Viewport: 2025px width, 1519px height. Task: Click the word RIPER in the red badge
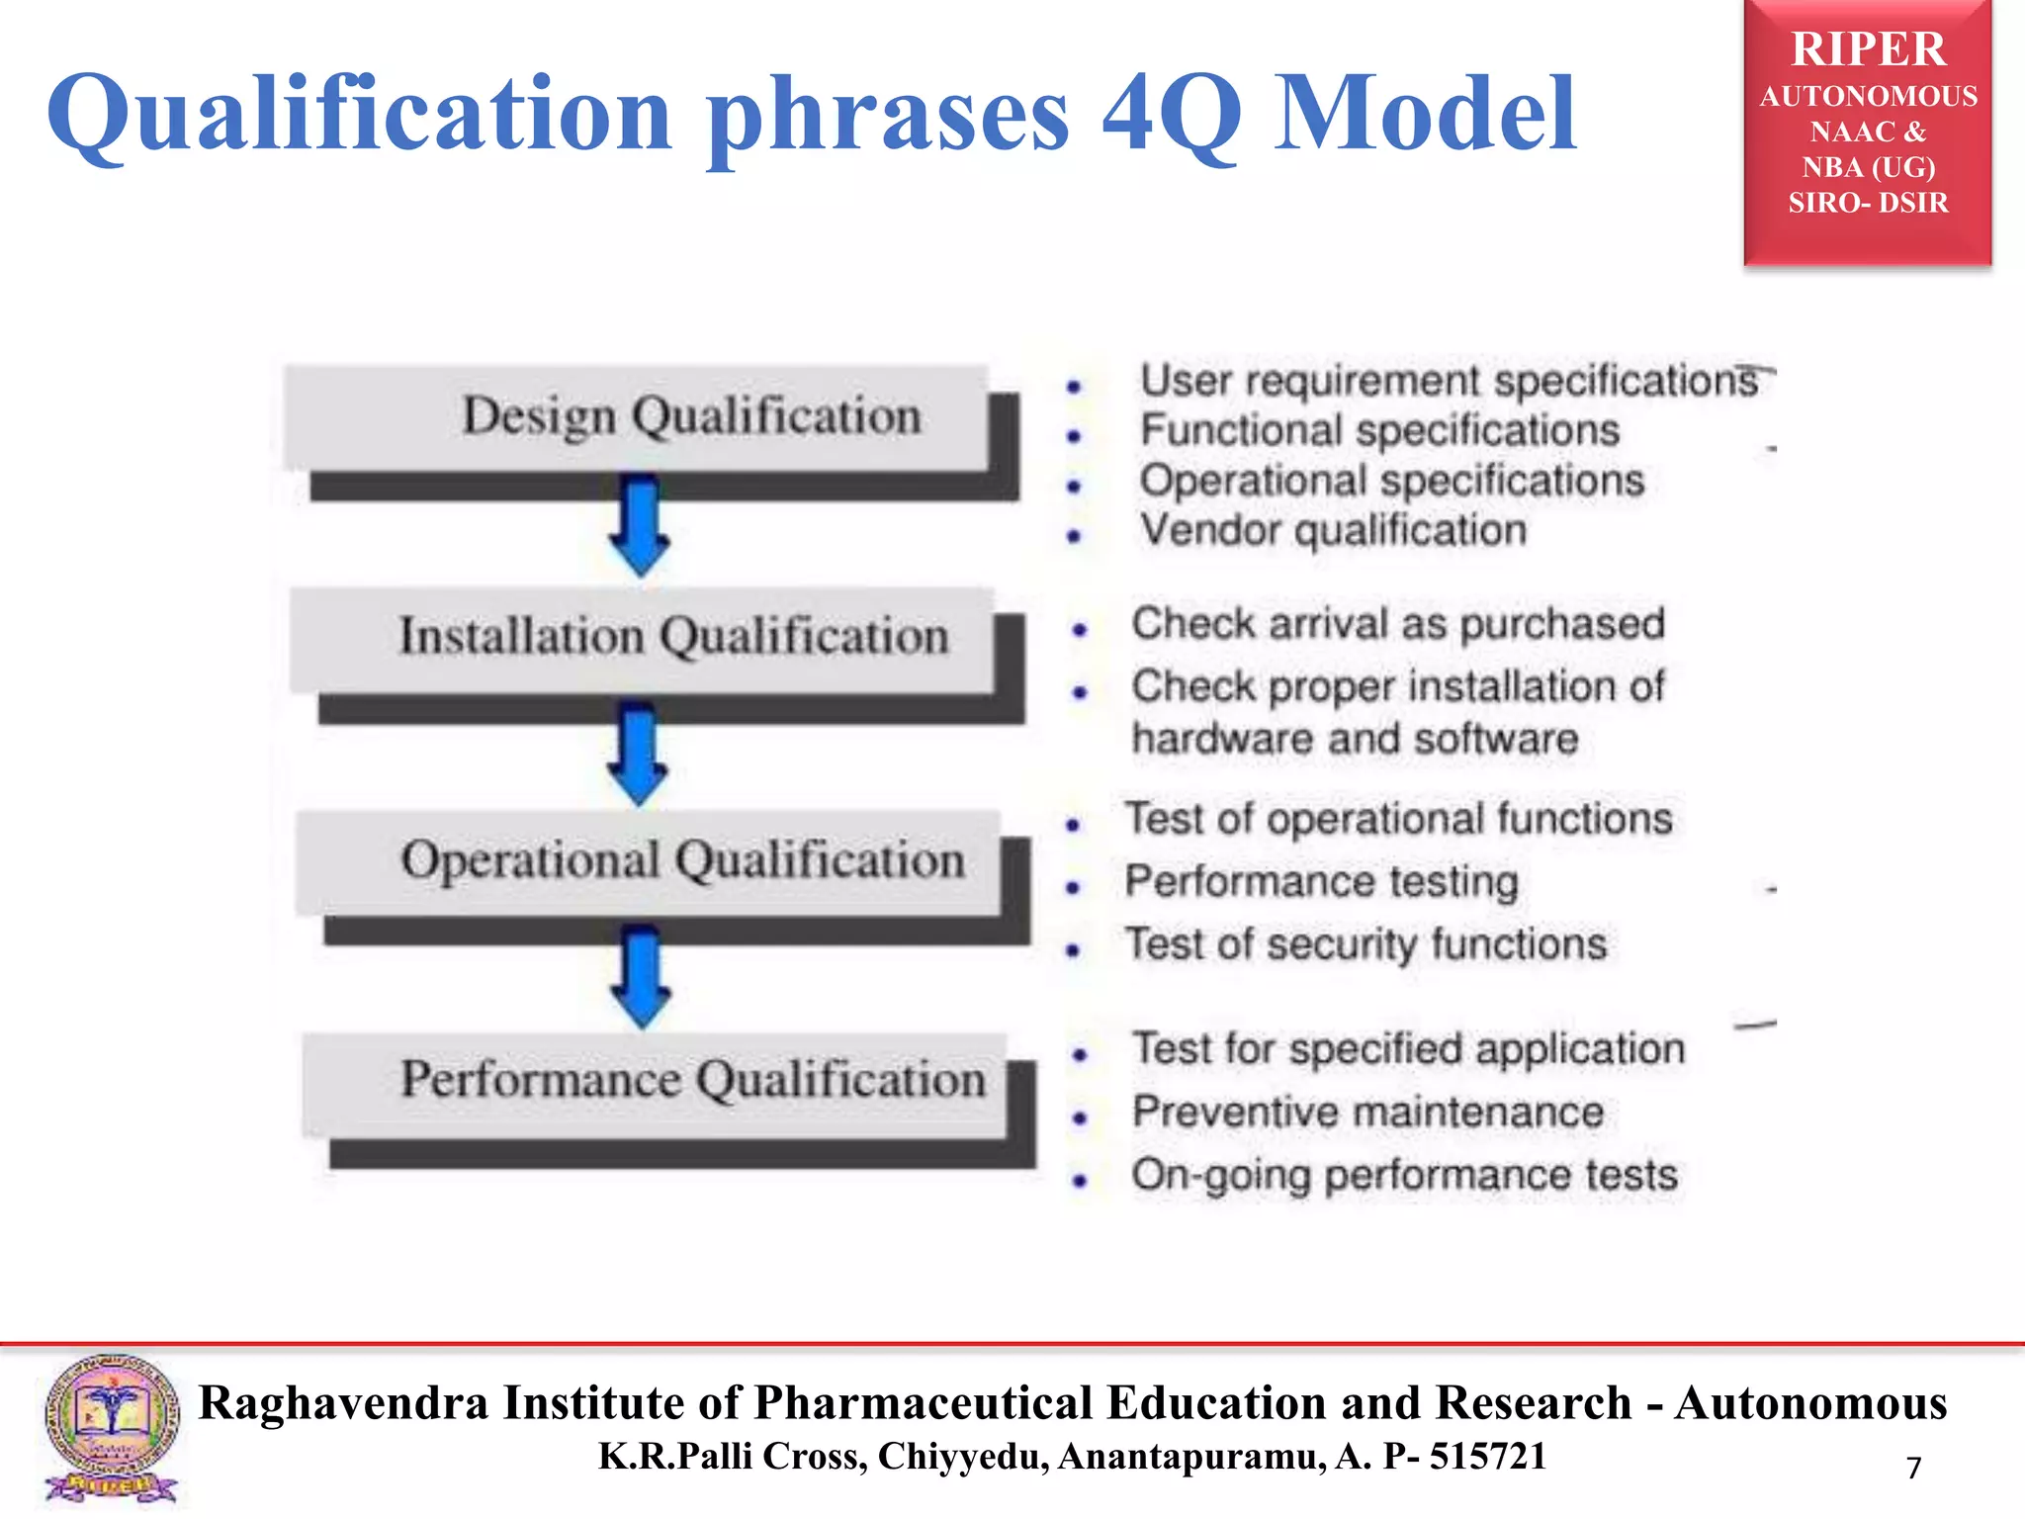point(1868,49)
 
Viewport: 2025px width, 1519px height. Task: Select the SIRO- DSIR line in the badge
point(1868,203)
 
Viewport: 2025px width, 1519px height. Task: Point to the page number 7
point(1913,1468)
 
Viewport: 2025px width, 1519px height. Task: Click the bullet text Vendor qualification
point(1333,530)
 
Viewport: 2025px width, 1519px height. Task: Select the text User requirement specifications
point(1449,381)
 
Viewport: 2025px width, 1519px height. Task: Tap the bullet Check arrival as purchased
point(1397,624)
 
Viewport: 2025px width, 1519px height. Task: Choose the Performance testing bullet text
point(1321,881)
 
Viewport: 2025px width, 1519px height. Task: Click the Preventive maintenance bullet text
point(1367,1112)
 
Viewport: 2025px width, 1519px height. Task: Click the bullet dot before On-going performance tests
point(1080,1180)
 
